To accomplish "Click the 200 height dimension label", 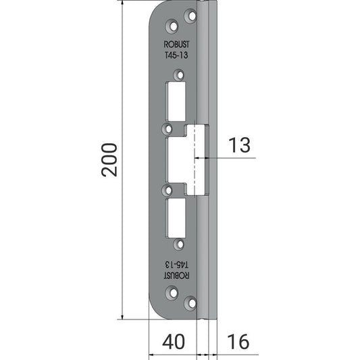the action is point(109,160).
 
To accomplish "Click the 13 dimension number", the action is point(239,145).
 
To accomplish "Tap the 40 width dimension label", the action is point(174,342).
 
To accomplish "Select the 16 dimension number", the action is point(238,342).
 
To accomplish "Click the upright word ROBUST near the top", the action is point(176,45).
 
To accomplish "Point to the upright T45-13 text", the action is point(176,55).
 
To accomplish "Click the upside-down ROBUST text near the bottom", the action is point(176,276).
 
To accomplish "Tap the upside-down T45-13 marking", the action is point(176,265).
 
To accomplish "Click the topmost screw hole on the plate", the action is point(190,16).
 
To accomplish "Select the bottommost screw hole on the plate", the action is point(190,303).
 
